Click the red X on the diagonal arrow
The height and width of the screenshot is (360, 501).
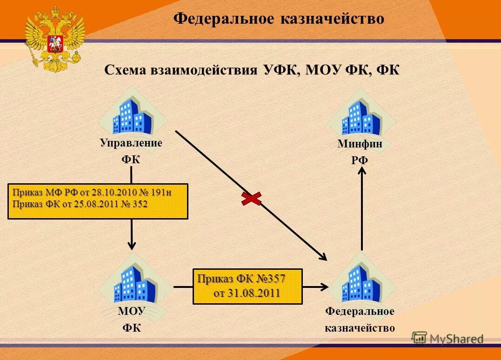(251, 199)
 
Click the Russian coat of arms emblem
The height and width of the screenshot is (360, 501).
(55, 38)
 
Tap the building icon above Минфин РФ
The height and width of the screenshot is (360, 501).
(361, 116)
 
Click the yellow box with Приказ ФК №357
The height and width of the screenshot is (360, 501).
(247, 286)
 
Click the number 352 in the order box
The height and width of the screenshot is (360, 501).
(140, 204)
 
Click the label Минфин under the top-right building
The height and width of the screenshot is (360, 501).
(360, 144)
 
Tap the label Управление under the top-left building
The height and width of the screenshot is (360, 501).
(131, 143)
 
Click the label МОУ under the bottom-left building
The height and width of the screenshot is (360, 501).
(132, 311)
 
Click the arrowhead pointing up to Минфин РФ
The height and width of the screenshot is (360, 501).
(362, 171)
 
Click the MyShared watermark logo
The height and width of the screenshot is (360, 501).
(448, 338)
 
